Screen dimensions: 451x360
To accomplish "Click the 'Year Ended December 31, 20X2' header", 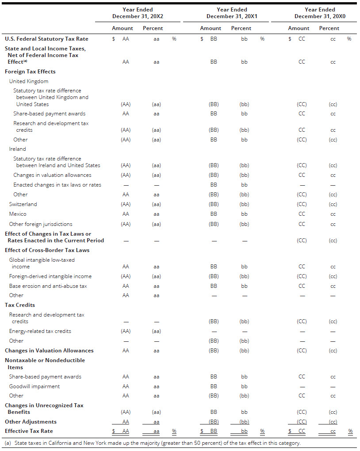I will (x=138, y=13).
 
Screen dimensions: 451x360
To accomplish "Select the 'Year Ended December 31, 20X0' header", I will (x=320, y=13).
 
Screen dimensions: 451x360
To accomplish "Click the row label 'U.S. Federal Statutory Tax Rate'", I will (x=46, y=39).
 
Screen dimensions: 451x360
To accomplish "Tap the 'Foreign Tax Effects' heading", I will (x=30, y=72).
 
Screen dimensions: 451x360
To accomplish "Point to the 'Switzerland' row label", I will (x=23, y=204).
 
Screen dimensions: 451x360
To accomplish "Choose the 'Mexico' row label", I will (x=18, y=214).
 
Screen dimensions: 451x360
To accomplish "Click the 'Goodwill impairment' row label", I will (x=34, y=386).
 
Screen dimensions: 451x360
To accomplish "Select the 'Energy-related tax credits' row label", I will (x=40, y=331).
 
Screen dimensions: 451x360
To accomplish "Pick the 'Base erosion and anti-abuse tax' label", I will (x=48, y=286).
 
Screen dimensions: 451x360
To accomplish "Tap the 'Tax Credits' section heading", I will (x=20, y=305).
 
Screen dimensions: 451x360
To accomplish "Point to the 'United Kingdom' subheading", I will (x=29, y=81).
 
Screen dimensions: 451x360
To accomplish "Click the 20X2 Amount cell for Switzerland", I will (x=126, y=204).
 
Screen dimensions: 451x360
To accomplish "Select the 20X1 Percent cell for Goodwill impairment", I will (x=244, y=386).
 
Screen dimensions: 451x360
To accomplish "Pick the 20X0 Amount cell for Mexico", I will (x=302, y=214).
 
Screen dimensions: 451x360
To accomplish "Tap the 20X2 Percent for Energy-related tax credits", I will (x=156, y=331).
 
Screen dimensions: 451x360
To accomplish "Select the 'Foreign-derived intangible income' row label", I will (x=50, y=276).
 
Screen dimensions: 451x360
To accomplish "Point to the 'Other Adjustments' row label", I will (x=31, y=422).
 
